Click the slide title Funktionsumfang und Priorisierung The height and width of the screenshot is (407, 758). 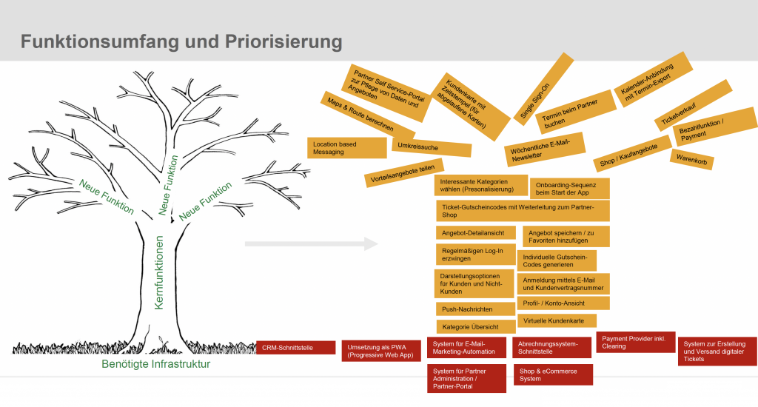pyautogui.click(x=181, y=41)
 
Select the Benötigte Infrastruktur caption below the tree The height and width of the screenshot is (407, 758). pyautogui.click(x=156, y=364)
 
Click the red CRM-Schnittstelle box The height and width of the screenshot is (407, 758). pyautogui.click(x=295, y=347)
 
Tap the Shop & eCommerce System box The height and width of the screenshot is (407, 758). pyautogui.click(x=553, y=374)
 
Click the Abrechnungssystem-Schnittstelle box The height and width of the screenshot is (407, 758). pyautogui.click(x=551, y=348)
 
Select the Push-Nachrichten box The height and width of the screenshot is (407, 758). pyautogui.click(x=474, y=309)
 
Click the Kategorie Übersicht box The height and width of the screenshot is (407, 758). pyautogui.click(x=474, y=326)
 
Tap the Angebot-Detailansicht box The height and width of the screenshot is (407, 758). pyautogui.click(x=474, y=232)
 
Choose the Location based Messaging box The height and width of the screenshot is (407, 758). pyautogui.click(x=346, y=147)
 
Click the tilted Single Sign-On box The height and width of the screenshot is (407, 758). pyautogui.click(x=543, y=87)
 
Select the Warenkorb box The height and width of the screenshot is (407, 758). pyautogui.click(x=691, y=159)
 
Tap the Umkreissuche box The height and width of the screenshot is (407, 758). pyautogui.click(x=432, y=146)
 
